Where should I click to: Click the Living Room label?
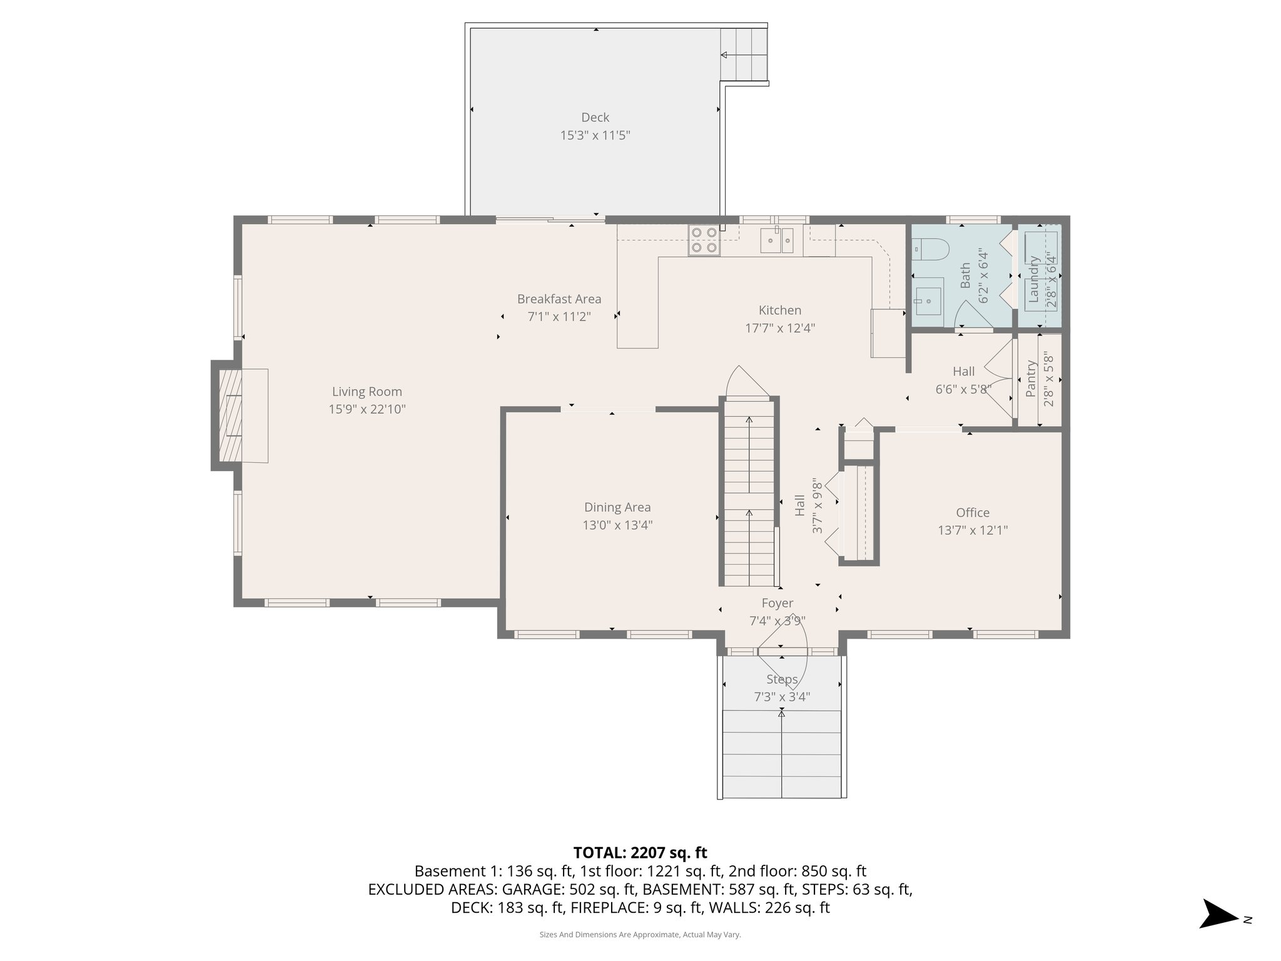click(367, 392)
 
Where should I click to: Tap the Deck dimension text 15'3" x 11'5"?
click(595, 135)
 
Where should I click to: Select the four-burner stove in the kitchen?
click(704, 240)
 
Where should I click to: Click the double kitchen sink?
click(777, 240)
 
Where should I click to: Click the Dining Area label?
click(617, 507)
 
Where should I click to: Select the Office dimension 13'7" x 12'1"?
click(973, 531)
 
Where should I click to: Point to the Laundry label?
click(1034, 279)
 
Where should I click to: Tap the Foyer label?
click(777, 603)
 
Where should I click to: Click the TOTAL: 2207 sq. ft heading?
click(640, 852)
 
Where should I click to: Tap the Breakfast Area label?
click(559, 299)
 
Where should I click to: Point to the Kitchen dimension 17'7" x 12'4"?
click(779, 328)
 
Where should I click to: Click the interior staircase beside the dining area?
click(749, 494)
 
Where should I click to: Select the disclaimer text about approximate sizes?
click(640, 935)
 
